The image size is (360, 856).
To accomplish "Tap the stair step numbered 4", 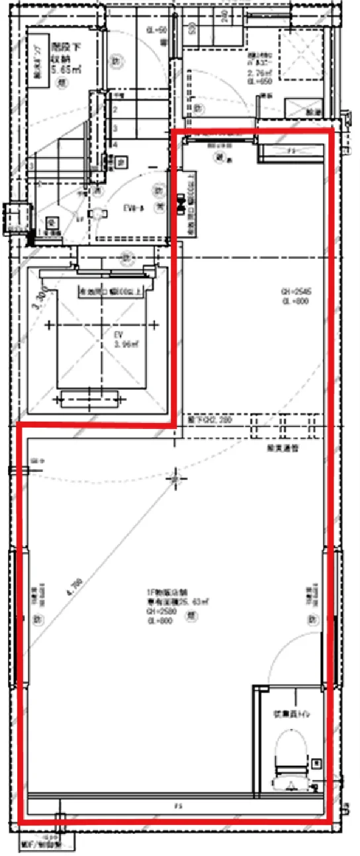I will coord(115,144).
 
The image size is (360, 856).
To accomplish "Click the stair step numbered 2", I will coord(115,110).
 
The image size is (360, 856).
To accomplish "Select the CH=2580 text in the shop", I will coord(157,612).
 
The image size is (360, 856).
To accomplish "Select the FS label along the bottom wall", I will coord(177,806).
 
